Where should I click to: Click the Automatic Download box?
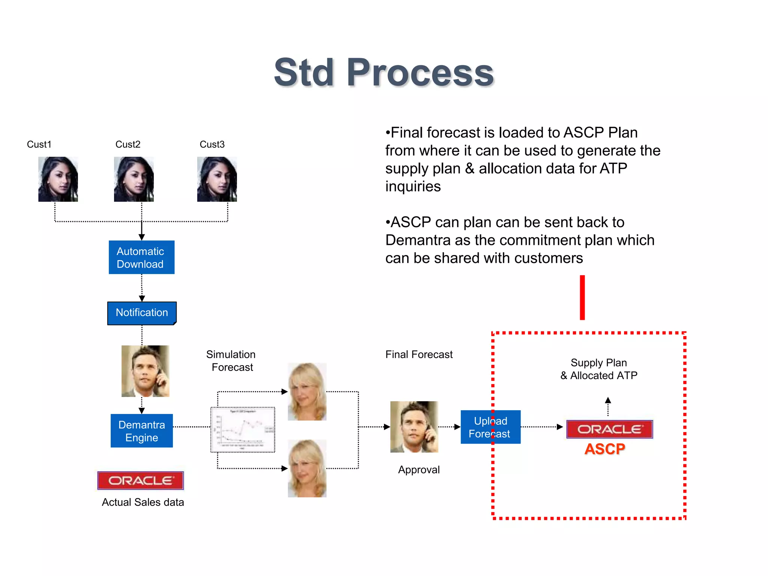pos(141,257)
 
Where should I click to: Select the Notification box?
pos(142,313)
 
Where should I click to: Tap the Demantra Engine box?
pos(142,431)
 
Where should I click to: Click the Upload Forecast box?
pos(490,427)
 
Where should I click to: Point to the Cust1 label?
pos(39,144)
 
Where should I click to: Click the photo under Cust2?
pos(134,179)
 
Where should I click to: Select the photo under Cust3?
pos(217,179)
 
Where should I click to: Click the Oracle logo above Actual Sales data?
pos(141,480)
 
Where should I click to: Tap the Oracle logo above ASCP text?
pos(609,429)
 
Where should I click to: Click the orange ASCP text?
pos(604,449)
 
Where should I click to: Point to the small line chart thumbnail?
pos(243,430)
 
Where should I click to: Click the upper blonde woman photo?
pos(307,391)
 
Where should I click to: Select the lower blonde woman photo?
pos(307,468)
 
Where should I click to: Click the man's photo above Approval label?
pos(414,427)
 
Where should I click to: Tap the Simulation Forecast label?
pos(231,361)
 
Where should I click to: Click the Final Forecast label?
pos(419,354)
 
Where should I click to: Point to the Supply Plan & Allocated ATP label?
pos(599,369)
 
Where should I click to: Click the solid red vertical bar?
pos(582,297)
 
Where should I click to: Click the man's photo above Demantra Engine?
pos(145,371)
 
